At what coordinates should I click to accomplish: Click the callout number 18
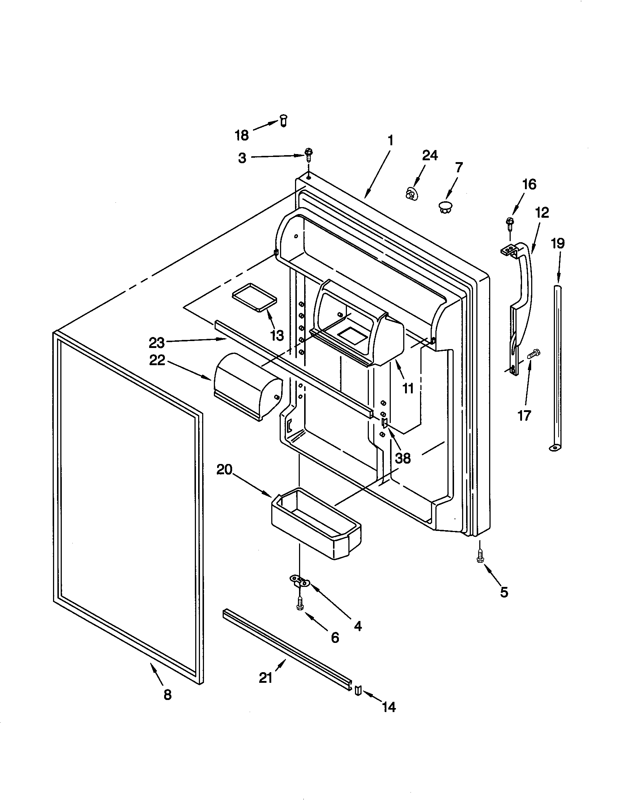242,136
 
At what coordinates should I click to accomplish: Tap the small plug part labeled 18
283,120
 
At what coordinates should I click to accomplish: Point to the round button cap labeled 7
446,206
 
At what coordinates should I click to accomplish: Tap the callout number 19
558,243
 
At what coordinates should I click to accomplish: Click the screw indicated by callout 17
533,355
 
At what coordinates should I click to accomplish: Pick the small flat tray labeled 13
254,297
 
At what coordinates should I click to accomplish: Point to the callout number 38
402,458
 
